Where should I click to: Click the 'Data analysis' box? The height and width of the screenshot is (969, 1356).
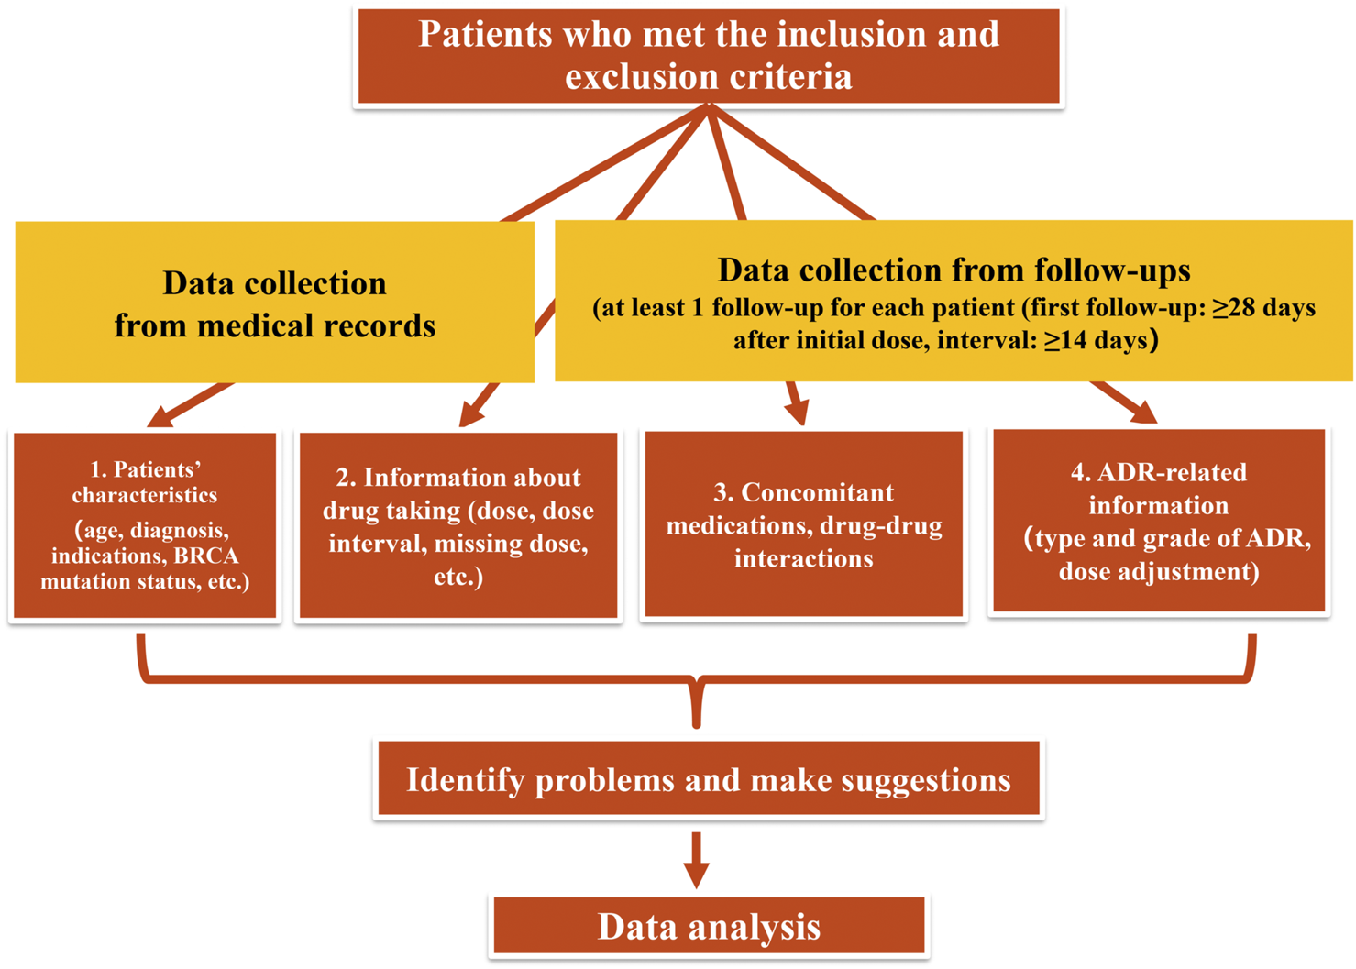[709, 927]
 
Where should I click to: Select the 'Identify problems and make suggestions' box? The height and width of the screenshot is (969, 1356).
[709, 780]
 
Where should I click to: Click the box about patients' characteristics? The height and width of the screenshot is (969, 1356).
[145, 525]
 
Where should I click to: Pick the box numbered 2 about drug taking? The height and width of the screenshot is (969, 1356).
[458, 526]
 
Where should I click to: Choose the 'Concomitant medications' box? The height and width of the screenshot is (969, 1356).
[803, 525]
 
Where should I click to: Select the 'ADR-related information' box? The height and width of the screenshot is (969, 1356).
[1159, 521]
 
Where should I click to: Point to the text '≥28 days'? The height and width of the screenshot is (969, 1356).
[1265, 308]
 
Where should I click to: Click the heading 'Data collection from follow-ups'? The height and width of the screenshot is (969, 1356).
[954, 270]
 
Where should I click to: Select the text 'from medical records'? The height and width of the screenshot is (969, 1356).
[275, 325]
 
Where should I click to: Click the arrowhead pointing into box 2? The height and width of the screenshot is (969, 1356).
[470, 417]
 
